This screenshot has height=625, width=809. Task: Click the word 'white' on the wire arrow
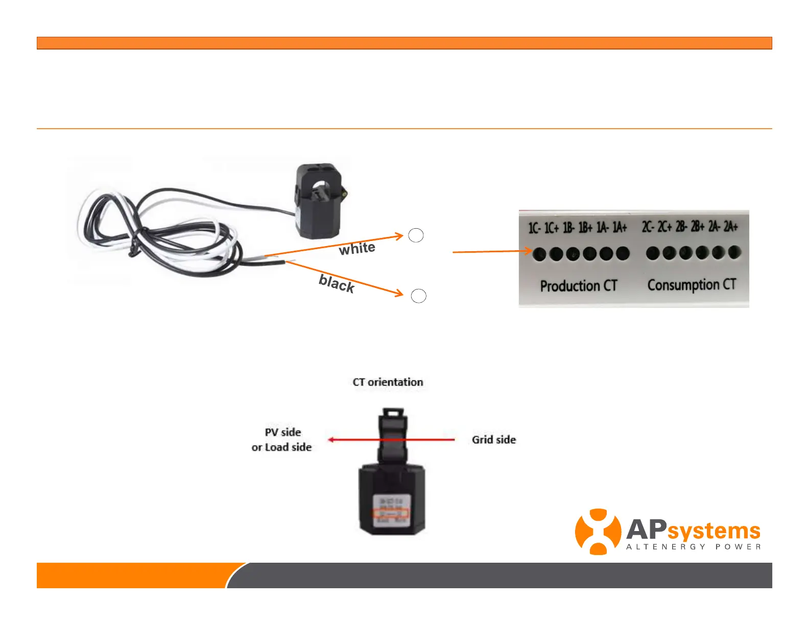point(357,249)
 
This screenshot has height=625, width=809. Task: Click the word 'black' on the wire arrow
point(337,283)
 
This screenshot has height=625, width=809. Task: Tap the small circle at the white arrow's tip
point(416,235)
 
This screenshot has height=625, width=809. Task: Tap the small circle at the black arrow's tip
point(418,296)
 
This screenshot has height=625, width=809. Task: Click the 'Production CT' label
point(579,286)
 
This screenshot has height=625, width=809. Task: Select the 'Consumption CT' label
point(692,285)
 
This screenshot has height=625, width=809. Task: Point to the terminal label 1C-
point(534,228)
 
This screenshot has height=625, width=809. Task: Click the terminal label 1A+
point(620,227)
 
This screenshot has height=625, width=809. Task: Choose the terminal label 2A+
point(731,226)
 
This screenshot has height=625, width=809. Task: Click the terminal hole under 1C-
point(539,254)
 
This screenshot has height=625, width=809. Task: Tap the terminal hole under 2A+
point(734,252)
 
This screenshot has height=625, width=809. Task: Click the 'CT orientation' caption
point(388,382)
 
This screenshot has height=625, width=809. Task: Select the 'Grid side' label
point(493,440)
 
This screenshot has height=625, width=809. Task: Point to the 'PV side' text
point(282,432)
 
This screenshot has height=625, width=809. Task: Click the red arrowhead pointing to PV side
point(331,440)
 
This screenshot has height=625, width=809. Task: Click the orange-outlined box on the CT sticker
point(390,513)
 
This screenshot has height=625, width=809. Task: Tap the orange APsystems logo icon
point(598,532)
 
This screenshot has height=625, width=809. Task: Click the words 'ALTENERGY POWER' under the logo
point(693,547)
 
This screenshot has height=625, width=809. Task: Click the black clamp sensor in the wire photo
point(318,201)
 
